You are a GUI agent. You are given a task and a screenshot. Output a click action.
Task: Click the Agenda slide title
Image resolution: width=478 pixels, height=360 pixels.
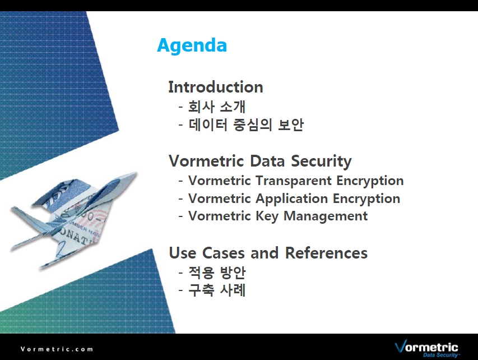coord(192,46)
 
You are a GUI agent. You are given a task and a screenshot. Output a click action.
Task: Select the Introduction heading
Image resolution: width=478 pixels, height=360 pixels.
coord(216,87)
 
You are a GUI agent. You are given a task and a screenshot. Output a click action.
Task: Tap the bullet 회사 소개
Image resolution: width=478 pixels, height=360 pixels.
coord(217,107)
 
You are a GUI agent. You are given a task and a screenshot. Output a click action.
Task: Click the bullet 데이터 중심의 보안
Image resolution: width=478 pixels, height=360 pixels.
coord(245,124)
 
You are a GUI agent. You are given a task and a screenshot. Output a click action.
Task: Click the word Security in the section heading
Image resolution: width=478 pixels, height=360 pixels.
coord(321,161)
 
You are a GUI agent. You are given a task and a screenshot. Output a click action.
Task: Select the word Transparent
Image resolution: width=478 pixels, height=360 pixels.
coord(293,181)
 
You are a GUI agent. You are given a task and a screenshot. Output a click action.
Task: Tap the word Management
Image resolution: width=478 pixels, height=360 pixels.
coord(326,216)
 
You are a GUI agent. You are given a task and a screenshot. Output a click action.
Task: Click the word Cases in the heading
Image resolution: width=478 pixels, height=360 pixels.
coord(223,253)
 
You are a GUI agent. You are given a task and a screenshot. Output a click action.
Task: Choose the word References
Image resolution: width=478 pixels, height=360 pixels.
coord(326,253)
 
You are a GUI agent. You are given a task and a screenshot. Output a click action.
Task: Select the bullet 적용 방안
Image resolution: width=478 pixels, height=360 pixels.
coord(217,272)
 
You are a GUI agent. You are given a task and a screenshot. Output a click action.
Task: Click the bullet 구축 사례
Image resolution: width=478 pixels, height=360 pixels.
coord(217,290)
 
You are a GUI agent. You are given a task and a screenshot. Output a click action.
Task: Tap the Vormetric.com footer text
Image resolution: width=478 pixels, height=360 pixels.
coord(57,349)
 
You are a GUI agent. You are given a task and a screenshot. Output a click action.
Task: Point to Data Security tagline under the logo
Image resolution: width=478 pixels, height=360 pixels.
coord(441,355)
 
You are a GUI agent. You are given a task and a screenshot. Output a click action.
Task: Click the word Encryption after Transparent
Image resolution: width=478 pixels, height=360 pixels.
coord(370,181)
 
